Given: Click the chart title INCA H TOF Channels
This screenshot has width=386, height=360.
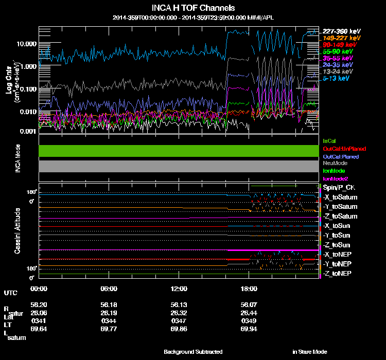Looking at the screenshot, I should pos(193,8).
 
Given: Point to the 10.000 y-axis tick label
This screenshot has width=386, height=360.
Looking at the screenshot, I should pos(26,44).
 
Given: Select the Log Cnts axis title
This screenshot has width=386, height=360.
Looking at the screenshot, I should pos(9,81).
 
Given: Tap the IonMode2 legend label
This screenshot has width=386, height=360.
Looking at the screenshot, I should pos(336,178).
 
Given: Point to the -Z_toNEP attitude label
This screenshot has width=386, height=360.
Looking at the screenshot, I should pos(337,273).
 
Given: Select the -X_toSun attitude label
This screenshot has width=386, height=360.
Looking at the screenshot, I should pos(337,226).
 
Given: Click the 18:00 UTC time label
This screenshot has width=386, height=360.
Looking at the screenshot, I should pos(249,289).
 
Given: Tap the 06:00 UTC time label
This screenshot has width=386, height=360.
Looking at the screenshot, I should pos(109,289).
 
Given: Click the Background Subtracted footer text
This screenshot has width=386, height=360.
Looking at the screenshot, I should pos(193,352).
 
